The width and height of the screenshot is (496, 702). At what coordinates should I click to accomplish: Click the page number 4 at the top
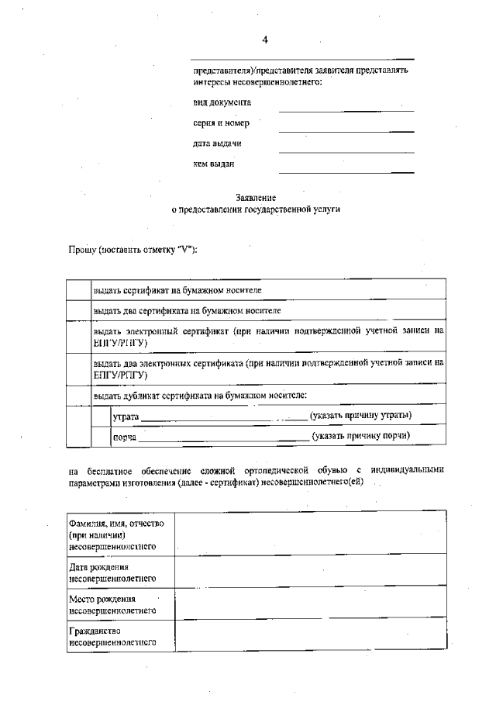[x=265, y=40]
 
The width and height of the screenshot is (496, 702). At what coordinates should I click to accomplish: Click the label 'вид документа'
[x=222, y=102]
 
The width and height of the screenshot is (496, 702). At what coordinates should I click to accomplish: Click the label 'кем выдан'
[x=214, y=164]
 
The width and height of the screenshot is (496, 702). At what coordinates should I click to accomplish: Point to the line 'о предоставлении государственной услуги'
[x=256, y=209]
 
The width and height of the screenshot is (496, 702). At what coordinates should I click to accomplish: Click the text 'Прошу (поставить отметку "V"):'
[x=133, y=250]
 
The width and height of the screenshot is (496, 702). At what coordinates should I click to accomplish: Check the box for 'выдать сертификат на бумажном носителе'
[x=78, y=290]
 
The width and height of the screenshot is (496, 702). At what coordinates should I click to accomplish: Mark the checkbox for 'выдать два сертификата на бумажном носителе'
[x=78, y=310]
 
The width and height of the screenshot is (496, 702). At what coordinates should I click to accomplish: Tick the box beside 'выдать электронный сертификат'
[x=78, y=336]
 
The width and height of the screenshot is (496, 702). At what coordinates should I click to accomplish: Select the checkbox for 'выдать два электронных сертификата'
[x=78, y=368]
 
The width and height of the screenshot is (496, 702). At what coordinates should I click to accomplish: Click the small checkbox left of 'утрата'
[x=101, y=417]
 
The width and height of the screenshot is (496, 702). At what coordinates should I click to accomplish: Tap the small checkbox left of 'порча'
[x=101, y=437]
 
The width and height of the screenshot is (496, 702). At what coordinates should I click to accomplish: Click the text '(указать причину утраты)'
[x=360, y=417]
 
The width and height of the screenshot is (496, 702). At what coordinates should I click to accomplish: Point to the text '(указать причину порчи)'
[x=361, y=437]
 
